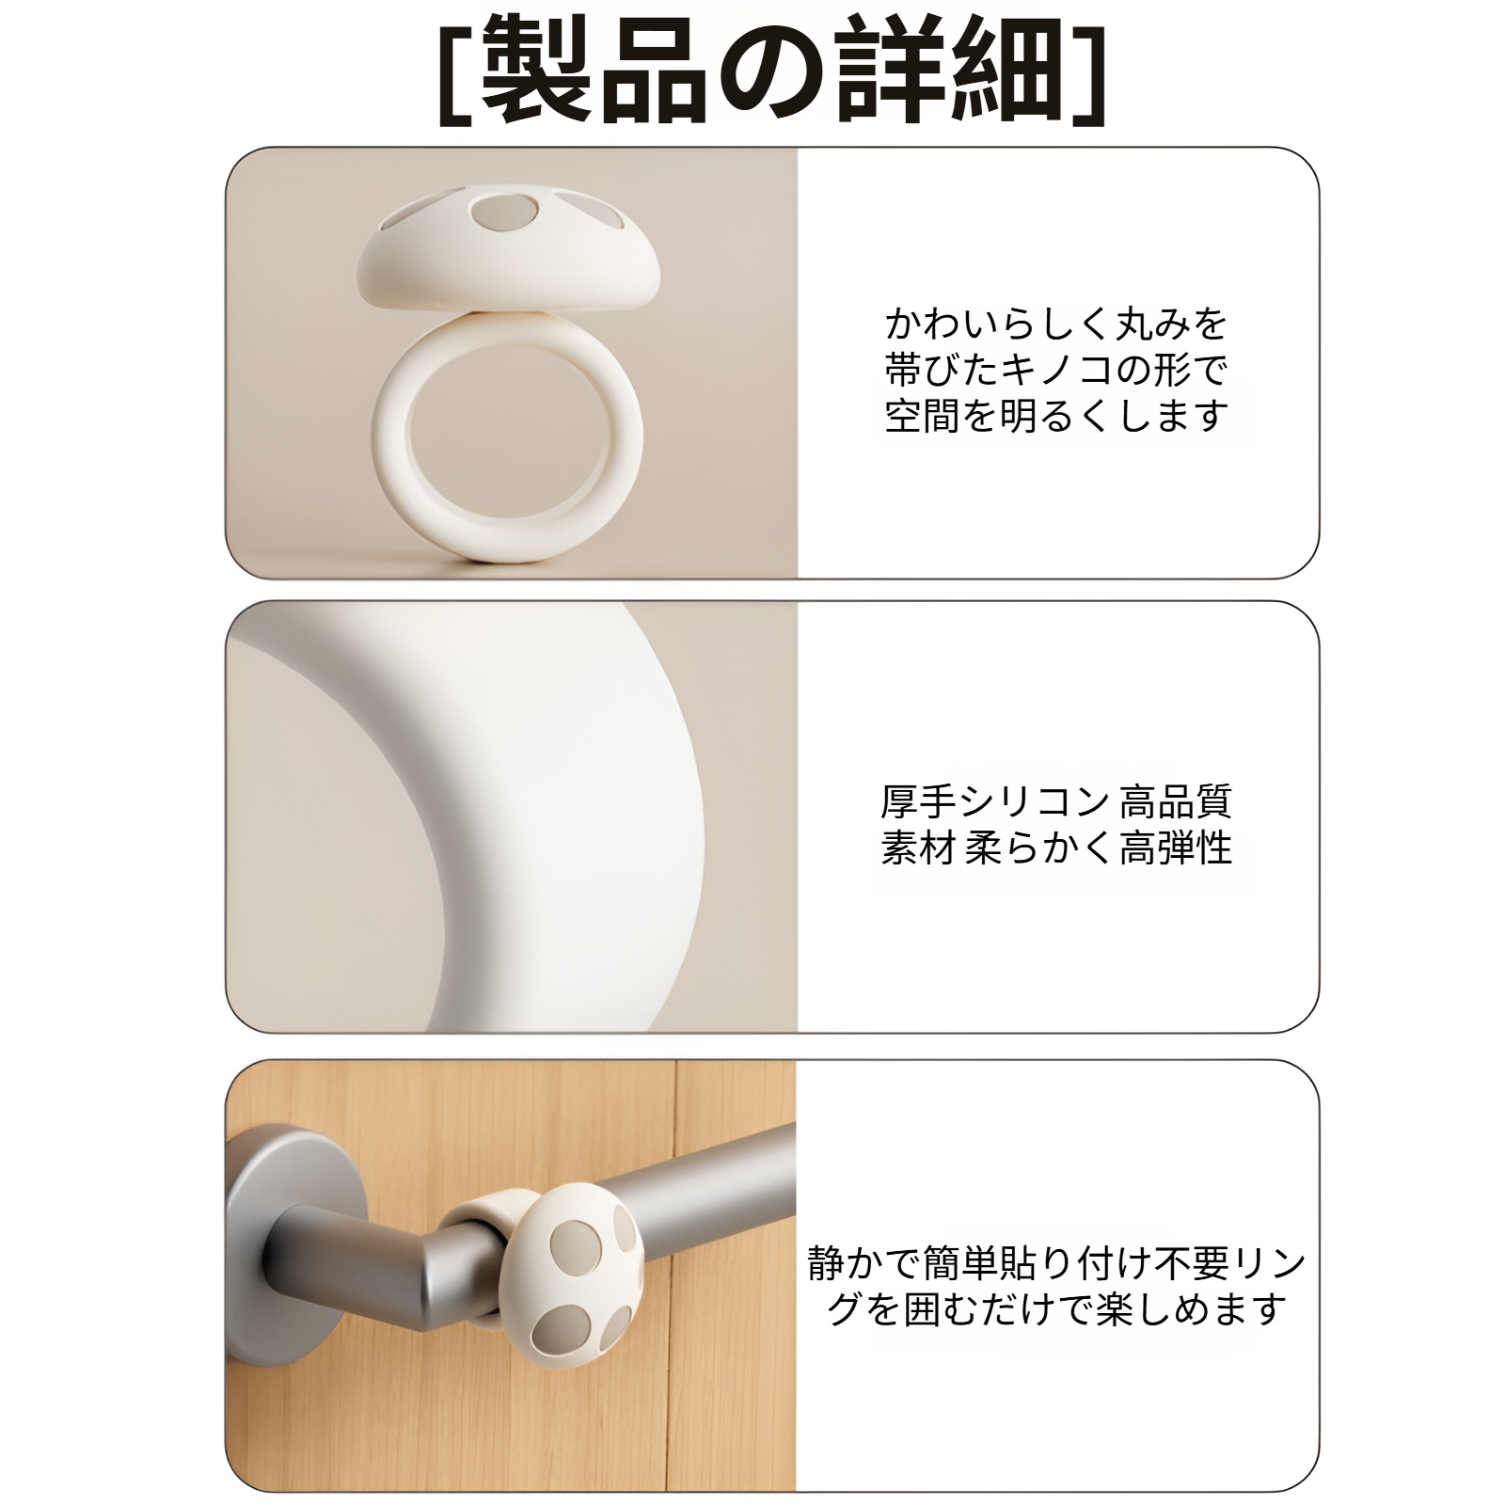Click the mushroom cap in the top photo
point(508,259)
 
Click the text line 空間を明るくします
point(1056,415)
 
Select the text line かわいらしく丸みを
point(1056,324)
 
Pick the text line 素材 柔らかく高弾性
point(1056,848)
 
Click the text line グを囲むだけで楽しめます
point(1056,1309)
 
